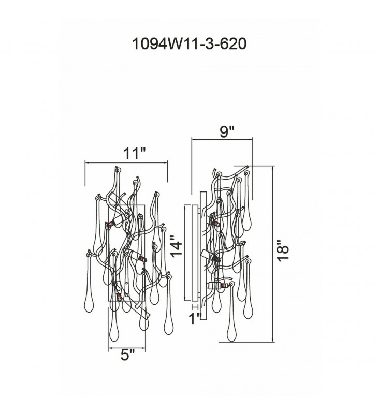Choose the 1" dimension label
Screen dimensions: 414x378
(x=196, y=319)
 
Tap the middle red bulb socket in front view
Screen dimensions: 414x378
(x=141, y=257)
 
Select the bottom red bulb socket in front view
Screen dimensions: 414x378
(x=120, y=295)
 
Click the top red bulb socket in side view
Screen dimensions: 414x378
(x=215, y=224)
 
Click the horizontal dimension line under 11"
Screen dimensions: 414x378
(x=126, y=162)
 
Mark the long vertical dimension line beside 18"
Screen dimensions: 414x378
(x=273, y=253)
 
